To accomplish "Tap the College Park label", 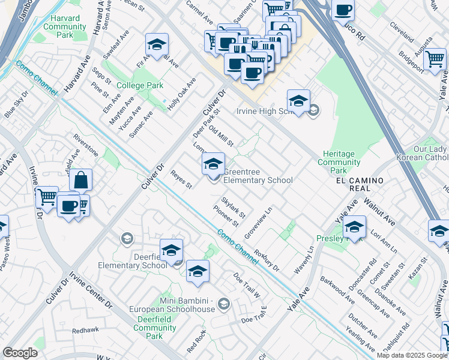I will [x=140, y=86].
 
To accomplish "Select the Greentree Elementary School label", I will [x=258, y=176].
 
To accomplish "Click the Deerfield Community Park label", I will [x=155, y=328].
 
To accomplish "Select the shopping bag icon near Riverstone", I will [x=80, y=179].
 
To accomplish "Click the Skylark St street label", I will [x=233, y=207].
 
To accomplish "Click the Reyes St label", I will [x=181, y=179].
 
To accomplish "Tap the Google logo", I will [x=20, y=353].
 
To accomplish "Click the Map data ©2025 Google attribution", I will [x=411, y=355].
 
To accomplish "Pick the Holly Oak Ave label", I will [x=182, y=93].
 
